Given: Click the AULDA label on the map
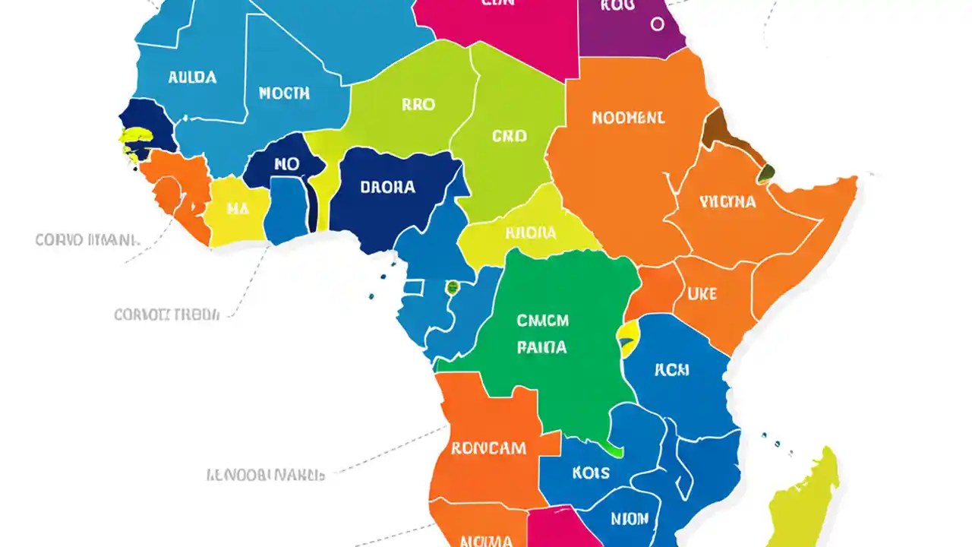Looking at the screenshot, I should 192,77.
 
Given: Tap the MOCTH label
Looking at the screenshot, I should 284,93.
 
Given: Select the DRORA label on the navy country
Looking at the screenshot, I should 387,186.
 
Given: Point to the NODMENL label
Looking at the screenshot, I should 628,118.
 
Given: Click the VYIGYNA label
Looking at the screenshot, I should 727,201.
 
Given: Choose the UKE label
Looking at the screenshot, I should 702,293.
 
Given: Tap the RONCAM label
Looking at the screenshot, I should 488,447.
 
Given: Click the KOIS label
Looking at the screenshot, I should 591,473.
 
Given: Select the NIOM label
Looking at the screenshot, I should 630,519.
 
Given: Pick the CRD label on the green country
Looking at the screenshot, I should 509,137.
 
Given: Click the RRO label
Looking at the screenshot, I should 418,105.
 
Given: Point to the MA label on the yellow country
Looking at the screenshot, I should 238,209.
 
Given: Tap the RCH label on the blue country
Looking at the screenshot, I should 672,370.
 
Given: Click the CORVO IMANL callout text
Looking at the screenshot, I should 87,240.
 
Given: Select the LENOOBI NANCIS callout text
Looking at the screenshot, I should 266,475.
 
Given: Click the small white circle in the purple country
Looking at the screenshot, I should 657,24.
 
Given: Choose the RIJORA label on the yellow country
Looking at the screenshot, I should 530,232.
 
